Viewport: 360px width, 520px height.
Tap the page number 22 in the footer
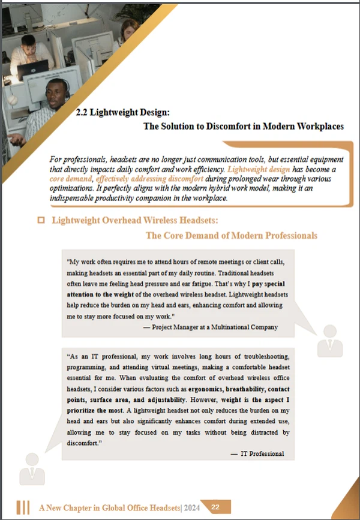tap(215, 507)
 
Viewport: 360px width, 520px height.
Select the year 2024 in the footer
tap(193, 508)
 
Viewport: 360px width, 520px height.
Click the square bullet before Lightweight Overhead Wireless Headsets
tap(41, 221)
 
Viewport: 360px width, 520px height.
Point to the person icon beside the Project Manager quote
tap(330, 340)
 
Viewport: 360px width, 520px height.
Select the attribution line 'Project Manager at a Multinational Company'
tap(211, 327)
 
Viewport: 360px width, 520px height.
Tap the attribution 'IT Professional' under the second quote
tap(262, 453)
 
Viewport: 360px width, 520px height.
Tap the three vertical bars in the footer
tap(23, 507)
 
